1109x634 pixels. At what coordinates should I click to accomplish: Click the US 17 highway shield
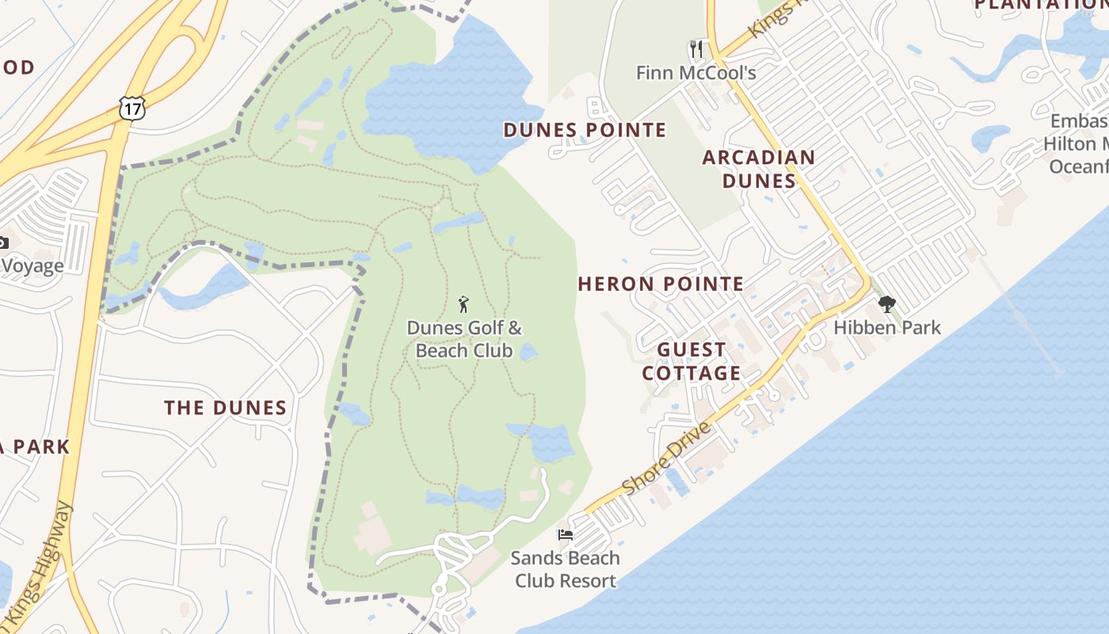pos(133,107)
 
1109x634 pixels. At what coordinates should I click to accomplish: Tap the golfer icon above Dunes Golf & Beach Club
pos(463,304)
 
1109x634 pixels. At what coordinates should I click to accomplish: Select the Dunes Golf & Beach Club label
pos(464,339)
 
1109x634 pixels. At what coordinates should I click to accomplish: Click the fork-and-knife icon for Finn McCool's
pos(696,49)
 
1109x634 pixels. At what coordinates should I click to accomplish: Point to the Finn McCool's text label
pos(696,74)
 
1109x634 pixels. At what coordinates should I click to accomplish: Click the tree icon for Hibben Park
pos(887,304)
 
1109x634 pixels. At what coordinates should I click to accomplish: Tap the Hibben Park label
pos(887,327)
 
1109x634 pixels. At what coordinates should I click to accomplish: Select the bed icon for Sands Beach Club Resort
pos(566,535)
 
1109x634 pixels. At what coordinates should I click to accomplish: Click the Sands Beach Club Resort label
pos(566,569)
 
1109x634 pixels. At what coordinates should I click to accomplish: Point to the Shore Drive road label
pos(667,458)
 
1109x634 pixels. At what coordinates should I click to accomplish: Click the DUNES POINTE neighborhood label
pos(585,130)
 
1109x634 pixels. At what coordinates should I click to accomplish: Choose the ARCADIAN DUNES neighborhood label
pos(759,169)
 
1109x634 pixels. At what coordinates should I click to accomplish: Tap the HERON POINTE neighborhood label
pos(661,284)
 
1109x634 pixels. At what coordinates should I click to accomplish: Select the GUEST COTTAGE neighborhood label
pos(692,361)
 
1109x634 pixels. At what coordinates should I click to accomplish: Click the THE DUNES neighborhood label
pos(225,408)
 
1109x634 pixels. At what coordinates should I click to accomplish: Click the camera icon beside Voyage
pos(2,243)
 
